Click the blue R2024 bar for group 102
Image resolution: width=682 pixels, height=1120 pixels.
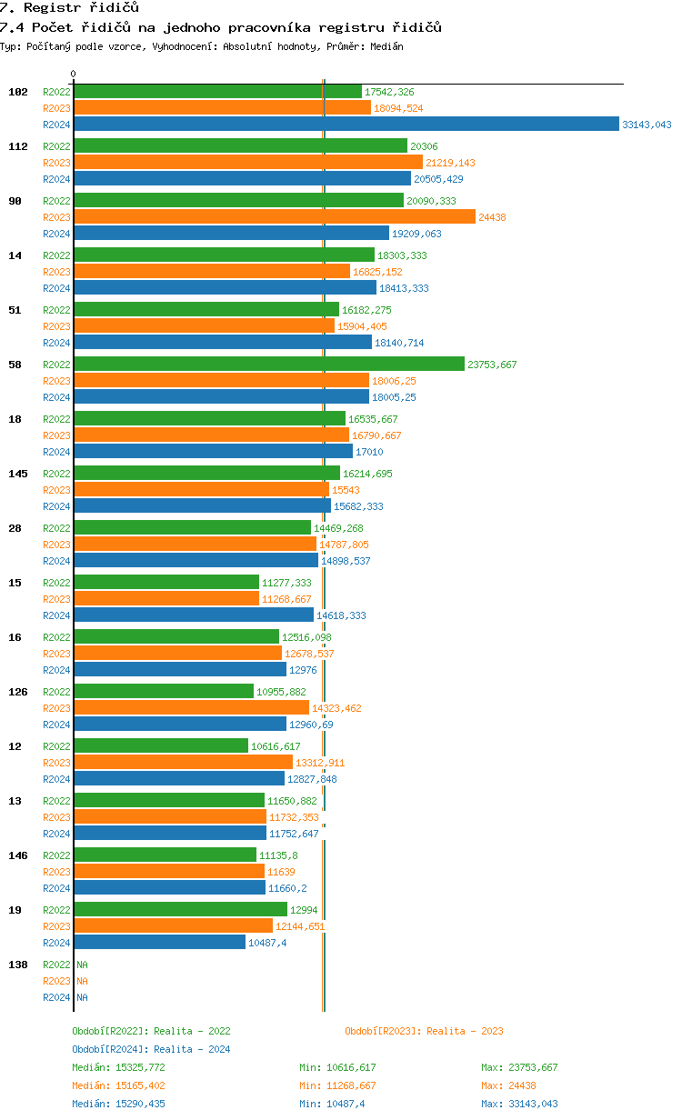[x=346, y=125]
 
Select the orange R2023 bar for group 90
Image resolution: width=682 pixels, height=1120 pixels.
[x=274, y=217]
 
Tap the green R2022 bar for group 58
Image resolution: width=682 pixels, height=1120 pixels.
[x=268, y=365]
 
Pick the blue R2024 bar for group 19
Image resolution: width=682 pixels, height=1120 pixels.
[x=159, y=943]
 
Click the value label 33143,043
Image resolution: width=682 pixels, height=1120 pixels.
[x=647, y=125]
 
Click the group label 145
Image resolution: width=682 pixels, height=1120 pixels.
[x=17, y=474]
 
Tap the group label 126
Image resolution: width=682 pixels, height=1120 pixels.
[x=17, y=692]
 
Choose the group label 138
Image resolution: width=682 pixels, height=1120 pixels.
[x=17, y=965]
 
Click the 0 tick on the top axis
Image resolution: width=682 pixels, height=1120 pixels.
[x=74, y=74]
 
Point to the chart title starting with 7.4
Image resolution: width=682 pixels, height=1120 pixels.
[x=221, y=27]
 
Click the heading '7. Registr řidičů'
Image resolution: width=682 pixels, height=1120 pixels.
[x=69, y=8]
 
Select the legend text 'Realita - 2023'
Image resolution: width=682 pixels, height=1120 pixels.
[x=465, y=1031]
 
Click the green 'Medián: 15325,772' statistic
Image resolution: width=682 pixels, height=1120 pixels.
[x=118, y=1067]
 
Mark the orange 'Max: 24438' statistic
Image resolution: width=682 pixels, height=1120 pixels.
[x=511, y=1085]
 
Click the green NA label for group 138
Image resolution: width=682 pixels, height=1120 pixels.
[x=82, y=965]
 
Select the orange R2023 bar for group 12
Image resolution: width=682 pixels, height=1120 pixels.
[x=183, y=763]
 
